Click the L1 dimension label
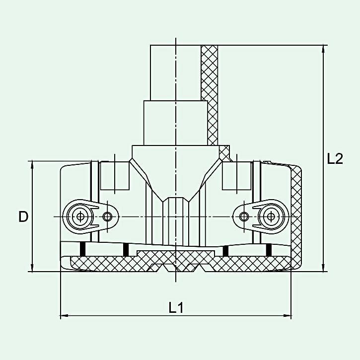[x=176, y=308]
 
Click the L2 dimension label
[x=335, y=159]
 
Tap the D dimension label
[x=23, y=216]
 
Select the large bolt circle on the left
[x=80, y=216]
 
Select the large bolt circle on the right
[x=271, y=216]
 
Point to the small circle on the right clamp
[x=243, y=216]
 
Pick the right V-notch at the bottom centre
[x=194, y=269]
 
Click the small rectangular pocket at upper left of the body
[x=115, y=176]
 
